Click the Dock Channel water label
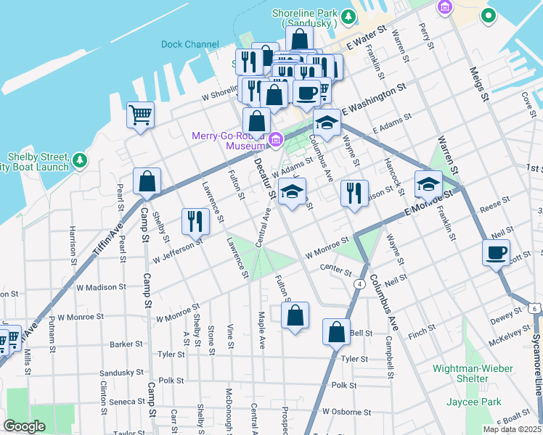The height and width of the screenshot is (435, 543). [189, 44]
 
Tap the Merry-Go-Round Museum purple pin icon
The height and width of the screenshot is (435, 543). [275, 139]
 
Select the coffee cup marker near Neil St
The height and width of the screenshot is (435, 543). [497, 254]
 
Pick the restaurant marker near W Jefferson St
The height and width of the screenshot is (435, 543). [194, 221]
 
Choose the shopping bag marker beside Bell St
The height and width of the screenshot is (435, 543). [336, 333]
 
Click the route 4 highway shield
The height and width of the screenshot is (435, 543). [359, 283]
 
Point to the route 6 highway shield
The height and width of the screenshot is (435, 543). [535, 308]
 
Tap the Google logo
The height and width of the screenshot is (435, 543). [25, 426]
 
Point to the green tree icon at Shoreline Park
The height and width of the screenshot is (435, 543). [348, 15]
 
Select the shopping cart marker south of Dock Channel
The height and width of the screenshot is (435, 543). [140, 115]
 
